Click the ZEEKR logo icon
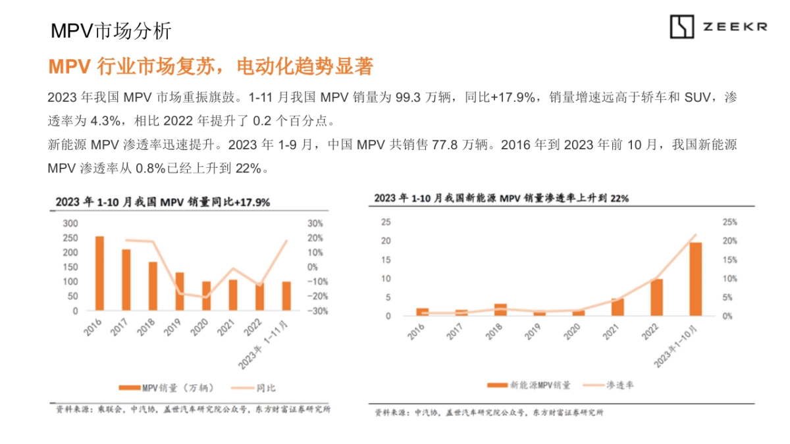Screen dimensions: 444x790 point(682,27)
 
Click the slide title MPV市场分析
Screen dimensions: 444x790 point(111,31)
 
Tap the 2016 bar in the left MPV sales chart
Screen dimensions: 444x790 point(99,273)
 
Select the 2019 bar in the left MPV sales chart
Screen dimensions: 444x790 point(179,291)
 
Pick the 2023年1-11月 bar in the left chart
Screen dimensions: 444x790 point(286,296)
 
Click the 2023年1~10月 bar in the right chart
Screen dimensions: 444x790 point(695,279)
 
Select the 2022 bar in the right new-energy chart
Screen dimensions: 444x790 point(656,297)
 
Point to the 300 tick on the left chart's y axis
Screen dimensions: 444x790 point(70,224)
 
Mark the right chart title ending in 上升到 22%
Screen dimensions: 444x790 point(501,198)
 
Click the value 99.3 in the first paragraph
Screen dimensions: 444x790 point(407,98)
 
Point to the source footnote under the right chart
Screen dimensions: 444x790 point(488,413)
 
